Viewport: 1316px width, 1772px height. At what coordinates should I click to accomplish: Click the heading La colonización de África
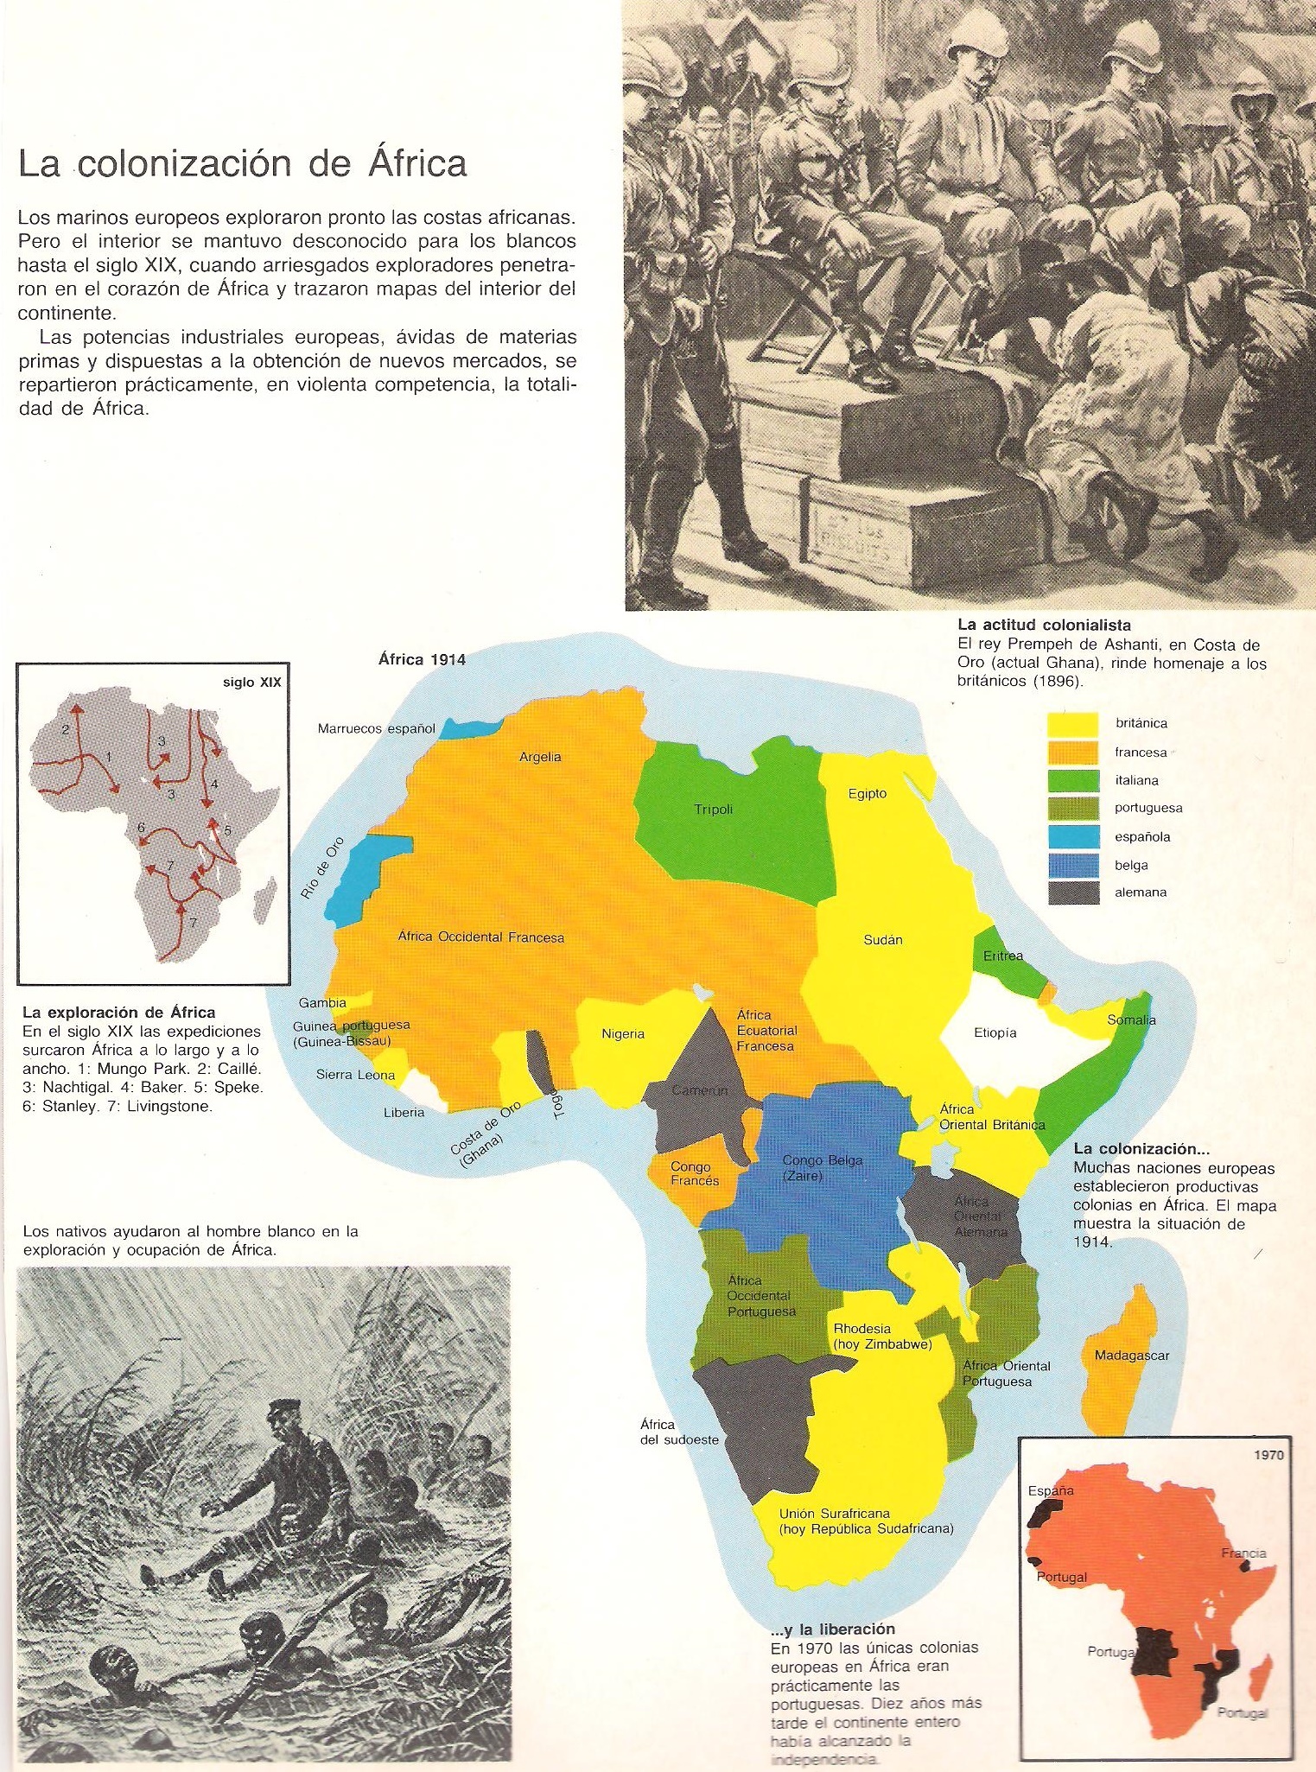[x=242, y=164]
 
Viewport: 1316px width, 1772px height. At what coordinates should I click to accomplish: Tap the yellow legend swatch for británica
[x=1072, y=724]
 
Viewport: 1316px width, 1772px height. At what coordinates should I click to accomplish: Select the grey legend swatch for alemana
[x=1072, y=892]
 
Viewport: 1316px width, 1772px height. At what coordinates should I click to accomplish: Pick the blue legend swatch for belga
[x=1072, y=865]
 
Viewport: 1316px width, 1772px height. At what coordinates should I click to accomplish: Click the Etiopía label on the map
[x=995, y=1032]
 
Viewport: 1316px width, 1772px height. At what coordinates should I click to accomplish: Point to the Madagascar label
[x=1131, y=1356]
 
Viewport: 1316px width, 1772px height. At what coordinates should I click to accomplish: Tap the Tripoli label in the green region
[x=713, y=810]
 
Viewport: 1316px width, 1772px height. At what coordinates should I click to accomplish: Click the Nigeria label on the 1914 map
[x=623, y=1034]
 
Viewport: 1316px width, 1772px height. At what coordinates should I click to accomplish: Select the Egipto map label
[x=867, y=794]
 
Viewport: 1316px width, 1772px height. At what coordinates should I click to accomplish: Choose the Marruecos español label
[x=377, y=728]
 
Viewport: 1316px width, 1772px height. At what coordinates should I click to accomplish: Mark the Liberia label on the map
[x=404, y=1112]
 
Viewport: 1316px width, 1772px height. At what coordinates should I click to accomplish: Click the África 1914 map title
[x=422, y=660]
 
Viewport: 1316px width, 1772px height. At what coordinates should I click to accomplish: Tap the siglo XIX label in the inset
[x=251, y=683]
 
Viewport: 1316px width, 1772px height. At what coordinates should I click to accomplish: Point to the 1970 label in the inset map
[x=1268, y=1455]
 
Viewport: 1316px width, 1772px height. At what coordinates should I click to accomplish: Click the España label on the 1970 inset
[x=1051, y=1490]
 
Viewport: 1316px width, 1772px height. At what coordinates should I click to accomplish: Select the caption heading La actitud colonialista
[x=1044, y=625]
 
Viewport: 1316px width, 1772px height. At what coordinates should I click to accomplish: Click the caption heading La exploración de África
[x=119, y=1012]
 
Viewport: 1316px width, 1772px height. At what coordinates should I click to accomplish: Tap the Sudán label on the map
[x=883, y=940]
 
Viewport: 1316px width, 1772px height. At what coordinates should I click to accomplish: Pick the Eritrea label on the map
[x=1002, y=956]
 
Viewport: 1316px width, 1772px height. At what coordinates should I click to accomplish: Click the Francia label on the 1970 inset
[x=1243, y=1553]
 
